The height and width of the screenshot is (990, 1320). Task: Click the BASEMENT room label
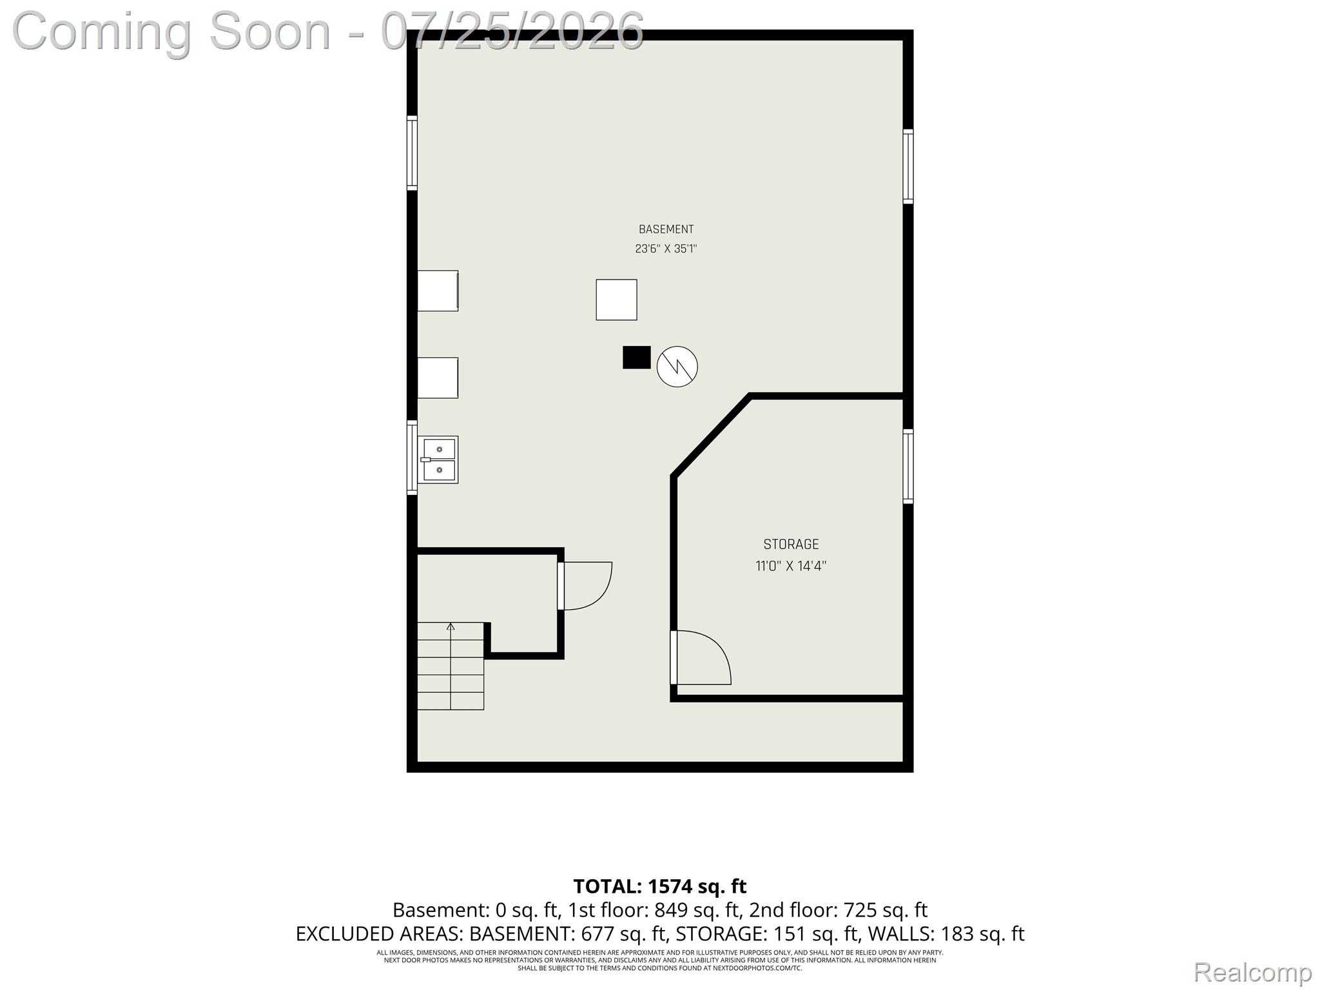(x=666, y=229)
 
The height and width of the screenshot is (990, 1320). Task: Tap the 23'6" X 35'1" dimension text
(x=666, y=249)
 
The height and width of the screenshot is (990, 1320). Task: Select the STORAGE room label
(x=791, y=545)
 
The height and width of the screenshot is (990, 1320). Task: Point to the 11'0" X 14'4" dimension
(x=791, y=567)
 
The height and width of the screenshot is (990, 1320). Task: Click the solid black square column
(x=636, y=358)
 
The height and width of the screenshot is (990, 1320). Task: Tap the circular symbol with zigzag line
(x=677, y=367)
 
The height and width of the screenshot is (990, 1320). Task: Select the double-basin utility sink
(x=438, y=460)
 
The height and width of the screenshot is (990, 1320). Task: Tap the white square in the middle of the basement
(x=616, y=300)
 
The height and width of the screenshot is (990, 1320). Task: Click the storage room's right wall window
(x=907, y=466)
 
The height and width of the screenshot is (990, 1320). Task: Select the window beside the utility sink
(x=412, y=458)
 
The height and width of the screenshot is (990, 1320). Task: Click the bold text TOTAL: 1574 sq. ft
(x=660, y=887)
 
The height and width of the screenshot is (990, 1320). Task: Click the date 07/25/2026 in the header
(x=512, y=31)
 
